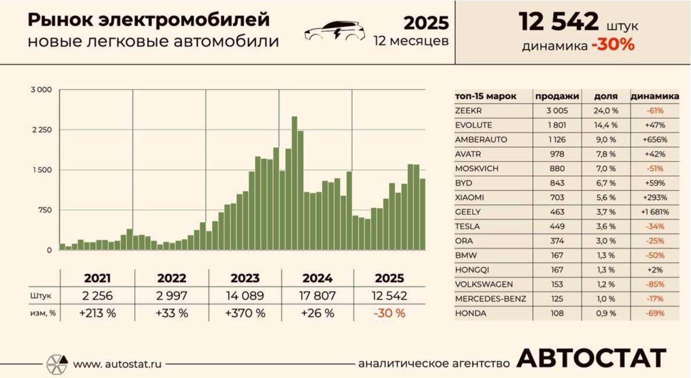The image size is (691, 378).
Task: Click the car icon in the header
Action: tap(335, 31)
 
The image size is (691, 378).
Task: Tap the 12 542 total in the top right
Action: tap(559, 22)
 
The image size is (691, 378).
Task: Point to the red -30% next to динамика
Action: tap(612, 45)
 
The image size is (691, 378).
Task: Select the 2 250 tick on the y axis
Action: tap(42, 130)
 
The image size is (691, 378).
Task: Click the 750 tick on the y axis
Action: tap(45, 210)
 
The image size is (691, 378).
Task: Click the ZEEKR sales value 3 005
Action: tap(557, 111)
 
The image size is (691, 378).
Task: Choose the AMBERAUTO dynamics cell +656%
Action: tap(655, 140)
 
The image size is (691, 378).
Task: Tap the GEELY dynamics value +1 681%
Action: tap(655, 212)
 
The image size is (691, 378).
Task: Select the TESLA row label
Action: tap(468, 227)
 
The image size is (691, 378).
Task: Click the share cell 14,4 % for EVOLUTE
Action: tap(605, 125)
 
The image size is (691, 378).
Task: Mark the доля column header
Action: tap(605, 96)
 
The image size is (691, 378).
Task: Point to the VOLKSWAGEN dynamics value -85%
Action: tap(655, 284)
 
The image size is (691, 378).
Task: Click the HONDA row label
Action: tap(469, 313)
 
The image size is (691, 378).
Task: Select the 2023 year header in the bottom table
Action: tap(244, 278)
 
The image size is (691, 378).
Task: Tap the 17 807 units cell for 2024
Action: tap(317, 296)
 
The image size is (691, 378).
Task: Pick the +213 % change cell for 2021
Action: tap(97, 313)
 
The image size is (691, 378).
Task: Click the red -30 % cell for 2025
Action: tap(390, 313)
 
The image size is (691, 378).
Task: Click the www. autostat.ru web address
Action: tap(117, 364)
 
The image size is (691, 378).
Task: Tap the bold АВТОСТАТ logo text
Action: tap(591, 359)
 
